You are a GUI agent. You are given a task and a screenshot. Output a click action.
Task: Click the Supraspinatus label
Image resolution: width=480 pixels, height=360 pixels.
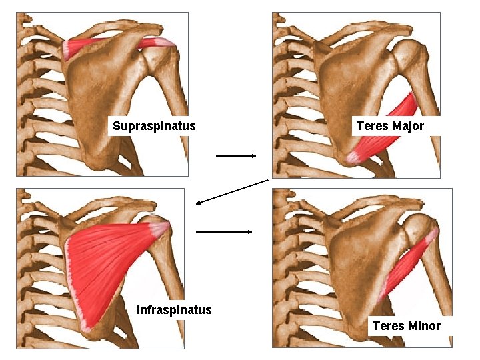click(154, 125)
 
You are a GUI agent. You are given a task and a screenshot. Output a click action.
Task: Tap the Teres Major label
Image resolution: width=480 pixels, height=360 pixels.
click(390, 126)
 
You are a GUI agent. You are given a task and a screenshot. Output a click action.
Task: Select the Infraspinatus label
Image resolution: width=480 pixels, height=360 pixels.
click(174, 309)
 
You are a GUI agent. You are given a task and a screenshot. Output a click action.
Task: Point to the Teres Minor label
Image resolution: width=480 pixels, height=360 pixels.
click(406, 326)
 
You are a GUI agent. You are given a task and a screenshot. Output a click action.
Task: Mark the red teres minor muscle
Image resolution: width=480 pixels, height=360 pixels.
click(407, 267)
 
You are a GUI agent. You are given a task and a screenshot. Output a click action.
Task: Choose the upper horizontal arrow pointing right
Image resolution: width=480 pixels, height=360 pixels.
click(236, 156)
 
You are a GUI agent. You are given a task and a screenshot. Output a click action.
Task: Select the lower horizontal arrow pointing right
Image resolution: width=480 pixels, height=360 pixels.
click(224, 232)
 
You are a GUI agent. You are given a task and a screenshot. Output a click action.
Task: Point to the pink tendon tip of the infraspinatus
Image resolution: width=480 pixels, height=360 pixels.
click(161, 229)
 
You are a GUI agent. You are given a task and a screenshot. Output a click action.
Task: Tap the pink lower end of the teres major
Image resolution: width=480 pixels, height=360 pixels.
click(354, 157)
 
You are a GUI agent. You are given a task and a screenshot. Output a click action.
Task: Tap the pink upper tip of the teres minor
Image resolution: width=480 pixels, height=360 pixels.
click(433, 235)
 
